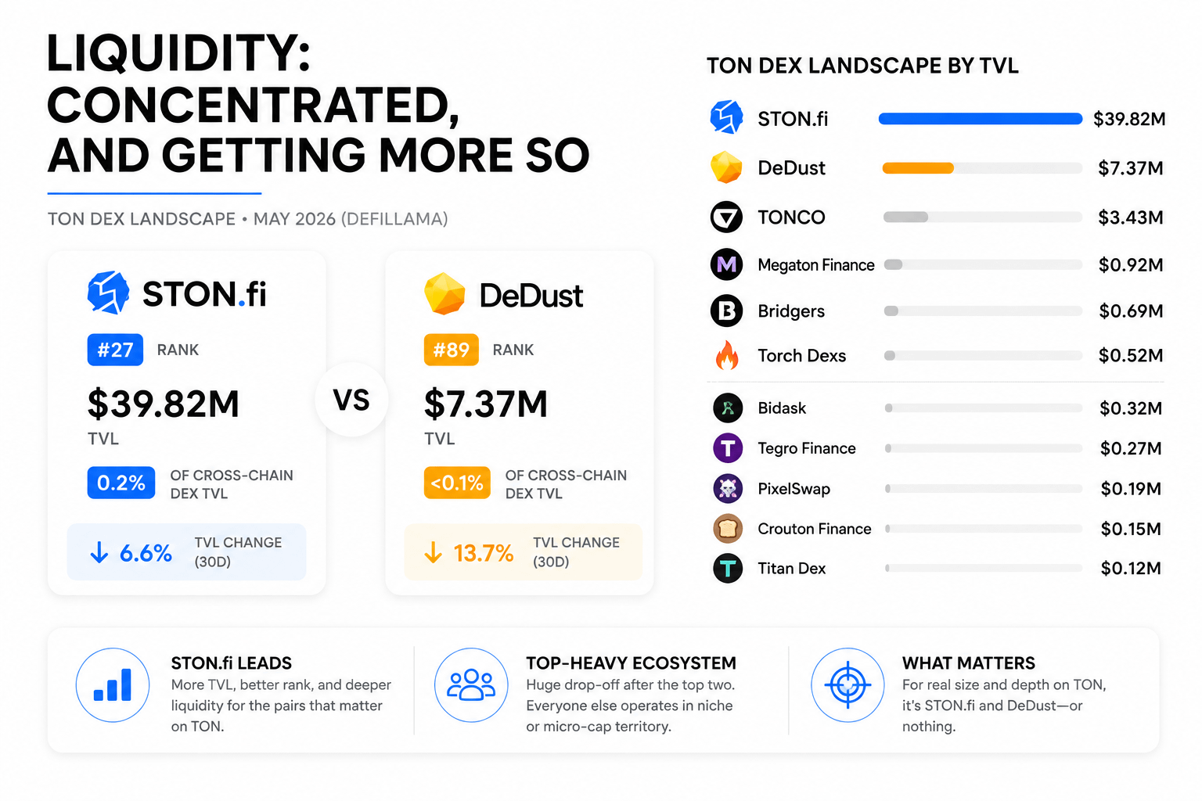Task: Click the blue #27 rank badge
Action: point(115,350)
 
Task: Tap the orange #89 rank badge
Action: point(452,350)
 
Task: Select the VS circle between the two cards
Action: point(351,400)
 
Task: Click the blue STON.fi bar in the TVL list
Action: point(981,119)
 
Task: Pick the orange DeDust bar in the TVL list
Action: point(918,168)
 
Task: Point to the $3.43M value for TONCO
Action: point(1131,217)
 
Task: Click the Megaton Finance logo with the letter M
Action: point(726,264)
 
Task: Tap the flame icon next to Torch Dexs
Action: point(727,355)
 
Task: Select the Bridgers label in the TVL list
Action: point(791,311)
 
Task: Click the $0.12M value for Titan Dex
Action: point(1131,568)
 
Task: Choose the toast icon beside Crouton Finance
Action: point(728,529)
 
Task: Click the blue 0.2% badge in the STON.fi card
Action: point(121,483)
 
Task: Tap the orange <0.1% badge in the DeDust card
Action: point(457,483)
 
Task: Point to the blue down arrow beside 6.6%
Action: point(99,552)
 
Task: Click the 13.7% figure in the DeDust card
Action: point(484,553)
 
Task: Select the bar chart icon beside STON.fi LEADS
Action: point(113,685)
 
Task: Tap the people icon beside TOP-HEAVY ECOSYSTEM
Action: point(471,685)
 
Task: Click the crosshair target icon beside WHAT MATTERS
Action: point(848,685)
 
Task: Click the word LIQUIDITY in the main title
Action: point(178,54)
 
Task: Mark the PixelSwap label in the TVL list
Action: point(794,489)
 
